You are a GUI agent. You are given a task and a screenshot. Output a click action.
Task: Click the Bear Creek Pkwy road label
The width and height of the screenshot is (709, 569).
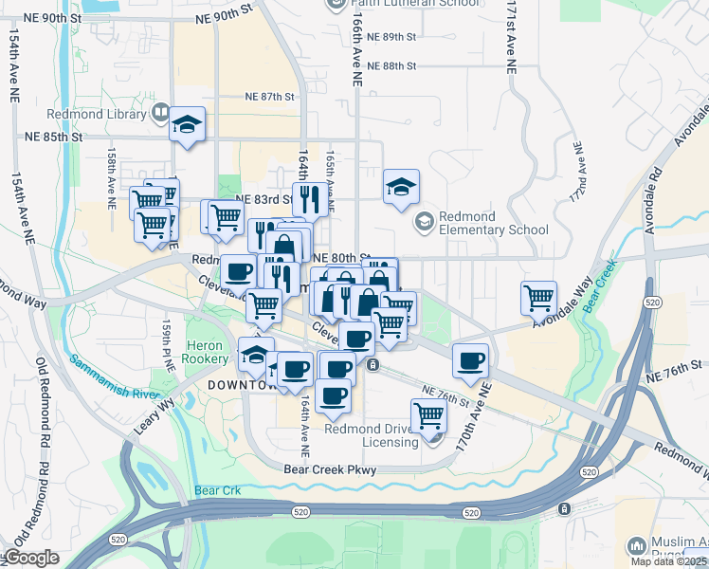pyautogui.click(x=330, y=469)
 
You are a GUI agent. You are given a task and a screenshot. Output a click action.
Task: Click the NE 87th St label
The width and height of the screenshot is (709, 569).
pyautogui.click(x=270, y=97)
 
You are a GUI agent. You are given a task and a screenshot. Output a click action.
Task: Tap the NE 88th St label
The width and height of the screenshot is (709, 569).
pyautogui.click(x=391, y=65)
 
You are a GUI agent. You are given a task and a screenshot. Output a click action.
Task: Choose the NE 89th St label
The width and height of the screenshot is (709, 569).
pyautogui.click(x=391, y=37)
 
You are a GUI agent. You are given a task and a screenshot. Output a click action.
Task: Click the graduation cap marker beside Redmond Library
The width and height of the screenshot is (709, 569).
pyautogui.click(x=188, y=124)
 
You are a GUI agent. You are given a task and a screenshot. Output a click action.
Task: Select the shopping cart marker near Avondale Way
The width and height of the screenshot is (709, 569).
pyautogui.click(x=538, y=297)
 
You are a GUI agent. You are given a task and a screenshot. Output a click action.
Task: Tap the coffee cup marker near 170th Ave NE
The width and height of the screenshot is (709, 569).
pyautogui.click(x=471, y=359)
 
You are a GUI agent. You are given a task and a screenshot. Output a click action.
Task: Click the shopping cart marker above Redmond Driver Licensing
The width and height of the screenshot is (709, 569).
pyautogui.click(x=428, y=414)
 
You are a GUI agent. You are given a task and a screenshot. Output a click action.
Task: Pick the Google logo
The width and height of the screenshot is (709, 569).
pyautogui.click(x=31, y=558)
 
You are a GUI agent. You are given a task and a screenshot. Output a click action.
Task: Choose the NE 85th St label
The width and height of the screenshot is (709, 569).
pyautogui.click(x=53, y=137)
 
